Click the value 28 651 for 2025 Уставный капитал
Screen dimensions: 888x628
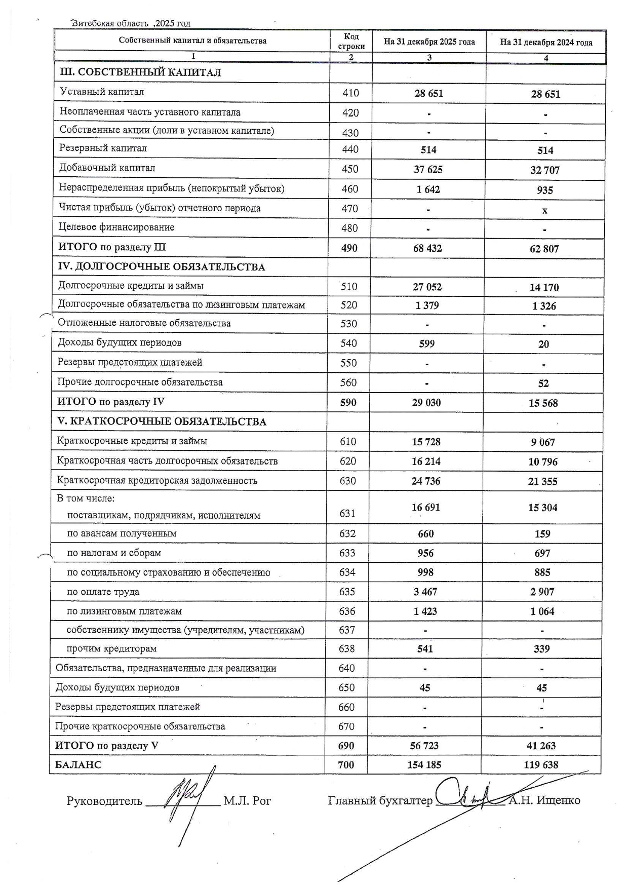tap(428, 93)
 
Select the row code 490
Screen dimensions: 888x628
tap(349, 248)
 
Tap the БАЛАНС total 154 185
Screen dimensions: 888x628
tap(424, 765)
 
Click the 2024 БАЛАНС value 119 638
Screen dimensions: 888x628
tap(541, 765)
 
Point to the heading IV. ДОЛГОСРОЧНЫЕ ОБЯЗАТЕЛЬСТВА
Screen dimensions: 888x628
tap(162, 267)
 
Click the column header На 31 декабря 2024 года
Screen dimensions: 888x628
tap(546, 43)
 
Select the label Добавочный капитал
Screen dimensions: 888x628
tap(107, 168)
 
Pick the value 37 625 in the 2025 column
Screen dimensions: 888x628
tap(428, 170)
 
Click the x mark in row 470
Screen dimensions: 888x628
tap(545, 210)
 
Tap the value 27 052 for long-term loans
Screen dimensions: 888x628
tap(427, 287)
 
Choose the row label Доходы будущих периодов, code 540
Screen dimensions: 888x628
tap(120, 342)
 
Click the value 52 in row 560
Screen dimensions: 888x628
tap(543, 383)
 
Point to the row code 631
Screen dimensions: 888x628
tap(347, 513)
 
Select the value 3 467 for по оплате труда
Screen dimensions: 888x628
tap(425, 592)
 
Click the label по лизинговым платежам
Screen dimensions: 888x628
tap(124, 611)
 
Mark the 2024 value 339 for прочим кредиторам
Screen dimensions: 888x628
tap(542, 649)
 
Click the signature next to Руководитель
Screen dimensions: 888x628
tap(185, 800)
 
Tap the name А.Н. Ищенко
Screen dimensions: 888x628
tap(544, 800)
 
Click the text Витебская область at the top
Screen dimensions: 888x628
tap(110, 23)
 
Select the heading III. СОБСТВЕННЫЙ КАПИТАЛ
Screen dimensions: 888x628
tap(140, 72)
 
